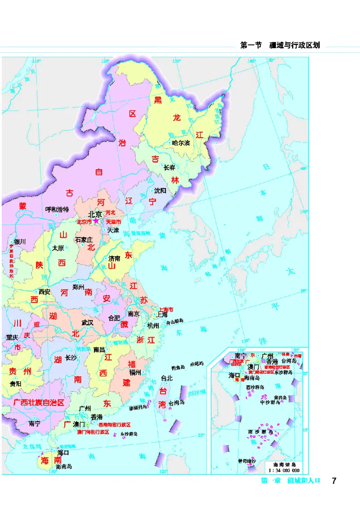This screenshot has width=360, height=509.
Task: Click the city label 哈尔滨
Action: click(x=181, y=143)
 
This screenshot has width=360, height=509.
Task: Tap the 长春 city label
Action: click(x=169, y=168)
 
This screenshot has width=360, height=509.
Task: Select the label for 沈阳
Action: click(x=160, y=190)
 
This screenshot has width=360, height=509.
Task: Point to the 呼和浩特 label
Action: click(x=57, y=209)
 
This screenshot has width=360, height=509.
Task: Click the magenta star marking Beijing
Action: click(x=96, y=221)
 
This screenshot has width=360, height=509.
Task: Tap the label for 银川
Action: click(x=20, y=242)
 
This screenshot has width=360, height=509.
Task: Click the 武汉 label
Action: click(x=87, y=323)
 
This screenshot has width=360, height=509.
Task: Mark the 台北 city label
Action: click(x=166, y=378)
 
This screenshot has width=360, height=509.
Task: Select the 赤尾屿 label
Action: click(x=197, y=364)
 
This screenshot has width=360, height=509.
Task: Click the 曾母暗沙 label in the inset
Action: click(x=247, y=461)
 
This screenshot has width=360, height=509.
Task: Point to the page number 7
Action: click(x=333, y=481)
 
